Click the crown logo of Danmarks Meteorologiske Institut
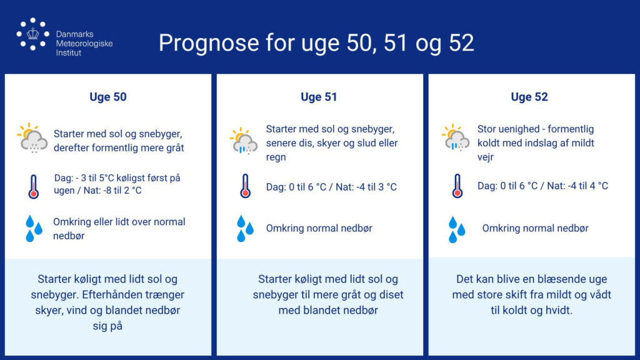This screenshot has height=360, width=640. click(x=32, y=34)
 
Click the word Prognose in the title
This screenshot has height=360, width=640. click(x=209, y=43)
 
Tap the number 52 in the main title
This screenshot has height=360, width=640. click(x=461, y=42)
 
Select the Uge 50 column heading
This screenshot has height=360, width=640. click(x=108, y=97)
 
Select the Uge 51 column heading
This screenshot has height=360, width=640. click(x=319, y=97)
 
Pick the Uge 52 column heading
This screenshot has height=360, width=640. click(x=529, y=97)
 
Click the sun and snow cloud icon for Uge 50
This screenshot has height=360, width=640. click(x=32, y=138)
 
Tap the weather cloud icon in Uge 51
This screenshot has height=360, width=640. click(x=244, y=141)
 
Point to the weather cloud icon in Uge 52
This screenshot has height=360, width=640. click(x=456, y=138)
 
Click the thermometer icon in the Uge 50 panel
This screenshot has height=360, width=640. click(x=34, y=186)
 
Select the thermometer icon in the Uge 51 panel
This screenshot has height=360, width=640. click(x=245, y=186)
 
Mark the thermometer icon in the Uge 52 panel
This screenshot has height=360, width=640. click(x=457, y=186)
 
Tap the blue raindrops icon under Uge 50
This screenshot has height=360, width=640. click(x=34, y=229)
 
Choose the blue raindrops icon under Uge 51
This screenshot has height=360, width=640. click(x=245, y=229)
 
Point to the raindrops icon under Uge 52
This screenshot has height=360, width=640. click(x=457, y=230)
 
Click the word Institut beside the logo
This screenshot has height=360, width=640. click(x=69, y=53)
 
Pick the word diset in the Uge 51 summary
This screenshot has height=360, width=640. click(x=389, y=295)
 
